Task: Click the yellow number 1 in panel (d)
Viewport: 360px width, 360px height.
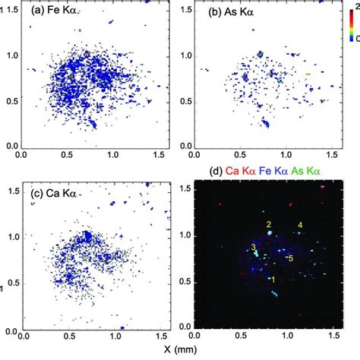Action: (x=273, y=278)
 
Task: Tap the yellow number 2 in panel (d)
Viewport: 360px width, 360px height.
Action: (x=268, y=224)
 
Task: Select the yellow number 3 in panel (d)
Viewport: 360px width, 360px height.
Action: (x=252, y=248)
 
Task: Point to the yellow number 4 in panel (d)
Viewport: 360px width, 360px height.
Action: (x=300, y=225)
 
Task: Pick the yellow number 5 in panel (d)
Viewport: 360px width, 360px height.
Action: (x=290, y=258)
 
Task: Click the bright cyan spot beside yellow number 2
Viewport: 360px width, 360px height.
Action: (x=270, y=234)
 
